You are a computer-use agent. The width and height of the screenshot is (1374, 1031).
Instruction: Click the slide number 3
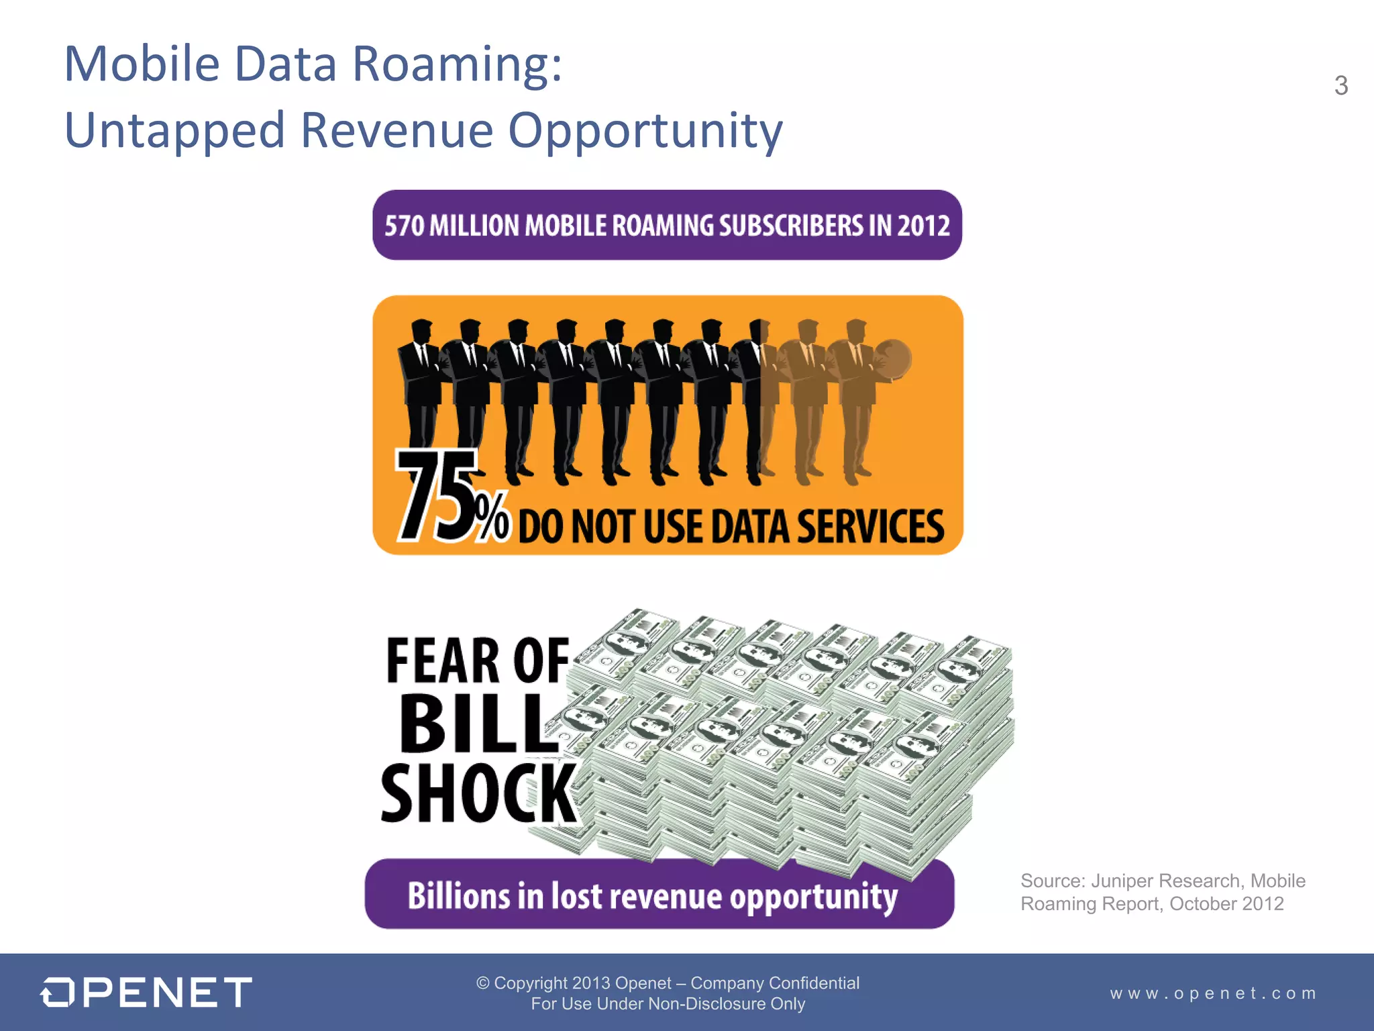(1340, 86)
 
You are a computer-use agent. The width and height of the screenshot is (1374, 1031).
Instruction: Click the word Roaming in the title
(458, 64)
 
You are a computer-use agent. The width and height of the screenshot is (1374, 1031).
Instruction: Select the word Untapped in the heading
(174, 132)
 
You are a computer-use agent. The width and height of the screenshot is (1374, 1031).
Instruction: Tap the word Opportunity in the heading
(645, 132)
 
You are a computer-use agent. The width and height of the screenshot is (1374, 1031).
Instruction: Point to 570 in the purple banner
(404, 226)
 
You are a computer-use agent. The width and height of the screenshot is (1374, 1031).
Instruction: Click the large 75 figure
(436, 497)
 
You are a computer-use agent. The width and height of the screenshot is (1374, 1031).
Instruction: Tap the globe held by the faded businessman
(892, 359)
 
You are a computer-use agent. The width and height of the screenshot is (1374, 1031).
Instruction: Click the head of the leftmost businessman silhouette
(421, 331)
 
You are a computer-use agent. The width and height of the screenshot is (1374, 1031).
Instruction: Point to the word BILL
(478, 725)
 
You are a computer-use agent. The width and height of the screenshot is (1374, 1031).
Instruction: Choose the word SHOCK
(478, 793)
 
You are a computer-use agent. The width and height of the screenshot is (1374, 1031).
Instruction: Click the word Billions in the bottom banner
(458, 896)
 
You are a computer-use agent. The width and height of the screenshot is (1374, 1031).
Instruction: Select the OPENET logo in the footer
(146, 992)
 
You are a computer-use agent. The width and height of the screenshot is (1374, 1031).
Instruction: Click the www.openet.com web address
(1213, 993)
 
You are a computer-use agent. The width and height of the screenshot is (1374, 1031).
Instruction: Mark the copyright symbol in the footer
(482, 983)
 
